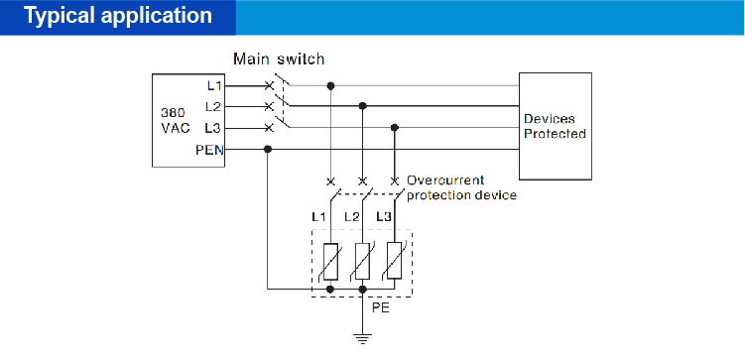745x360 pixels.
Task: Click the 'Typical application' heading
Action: (118, 17)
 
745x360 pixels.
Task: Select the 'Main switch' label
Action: (279, 60)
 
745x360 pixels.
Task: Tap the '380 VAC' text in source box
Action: (174, 120)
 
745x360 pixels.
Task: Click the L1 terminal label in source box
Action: (214, 85)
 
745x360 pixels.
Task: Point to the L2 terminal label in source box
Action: (213, 106)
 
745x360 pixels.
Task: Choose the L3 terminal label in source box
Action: (213, 128)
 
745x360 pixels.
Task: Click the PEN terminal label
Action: (210, 150)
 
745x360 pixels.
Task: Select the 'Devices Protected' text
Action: (555, 126)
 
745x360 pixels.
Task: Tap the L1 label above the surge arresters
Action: (318, 216)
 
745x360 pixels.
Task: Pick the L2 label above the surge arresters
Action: (351, 216)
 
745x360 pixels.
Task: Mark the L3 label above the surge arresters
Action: (383, 216)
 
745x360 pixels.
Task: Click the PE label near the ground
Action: (380, 308)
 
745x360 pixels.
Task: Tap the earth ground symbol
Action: (363, 337)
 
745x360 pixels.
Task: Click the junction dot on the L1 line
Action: (330, 85)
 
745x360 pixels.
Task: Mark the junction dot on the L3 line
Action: (396, 127)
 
